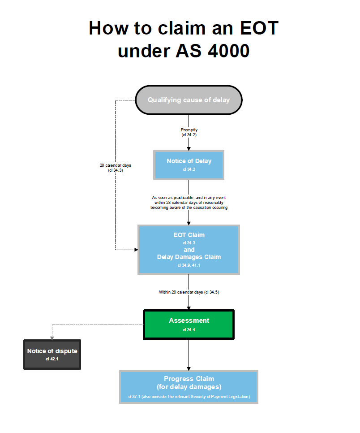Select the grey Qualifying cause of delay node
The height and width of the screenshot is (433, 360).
[189, 100]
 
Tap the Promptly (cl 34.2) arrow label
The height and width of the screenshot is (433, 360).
[189, 132]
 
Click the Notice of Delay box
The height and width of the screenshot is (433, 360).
[189, 165]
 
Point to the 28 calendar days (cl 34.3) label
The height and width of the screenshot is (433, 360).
[115, 168]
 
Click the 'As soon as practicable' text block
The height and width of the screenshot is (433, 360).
[189, 203]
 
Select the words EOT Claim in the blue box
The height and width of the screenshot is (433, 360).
[189, 235]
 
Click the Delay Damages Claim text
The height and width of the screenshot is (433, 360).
[189, 257]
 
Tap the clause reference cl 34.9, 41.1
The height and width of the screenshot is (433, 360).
[189, 265]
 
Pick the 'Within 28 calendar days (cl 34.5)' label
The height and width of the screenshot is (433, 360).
[189, 292]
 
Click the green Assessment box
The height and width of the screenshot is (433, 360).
[189, 324]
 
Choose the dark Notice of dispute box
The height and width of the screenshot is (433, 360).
[52, 354]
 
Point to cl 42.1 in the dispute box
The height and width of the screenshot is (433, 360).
[52, 359]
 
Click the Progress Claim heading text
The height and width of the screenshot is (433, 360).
[189, 379]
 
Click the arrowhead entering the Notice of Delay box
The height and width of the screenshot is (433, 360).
[189, 148]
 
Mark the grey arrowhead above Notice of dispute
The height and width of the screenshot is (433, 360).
[52, 337]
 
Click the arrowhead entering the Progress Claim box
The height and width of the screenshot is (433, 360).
[189, 368]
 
